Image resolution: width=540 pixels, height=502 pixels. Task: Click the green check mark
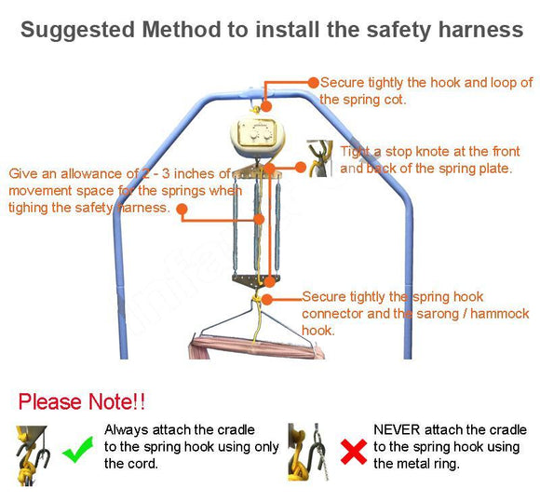[78, 450]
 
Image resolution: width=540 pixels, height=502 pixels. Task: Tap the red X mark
[354, 452]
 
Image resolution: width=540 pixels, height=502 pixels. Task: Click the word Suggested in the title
[77, 31]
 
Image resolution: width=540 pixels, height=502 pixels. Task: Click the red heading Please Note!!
[82, 401]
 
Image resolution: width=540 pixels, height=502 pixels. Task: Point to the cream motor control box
[258, 137]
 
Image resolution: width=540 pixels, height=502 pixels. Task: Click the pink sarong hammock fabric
[257, 348]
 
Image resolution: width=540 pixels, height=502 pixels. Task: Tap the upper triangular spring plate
[257, 171]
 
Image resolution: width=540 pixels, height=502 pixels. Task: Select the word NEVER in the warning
[397, 430]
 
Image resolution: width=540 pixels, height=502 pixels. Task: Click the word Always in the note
[127, 430]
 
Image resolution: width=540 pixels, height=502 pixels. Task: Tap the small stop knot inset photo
[319, 158]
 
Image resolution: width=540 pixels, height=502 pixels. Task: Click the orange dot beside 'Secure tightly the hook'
[314, 82]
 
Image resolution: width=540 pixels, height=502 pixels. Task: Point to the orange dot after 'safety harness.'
[182, 209]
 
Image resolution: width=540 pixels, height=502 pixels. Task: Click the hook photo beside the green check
[33, 455]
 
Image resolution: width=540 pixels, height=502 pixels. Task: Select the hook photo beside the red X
[308, 452]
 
